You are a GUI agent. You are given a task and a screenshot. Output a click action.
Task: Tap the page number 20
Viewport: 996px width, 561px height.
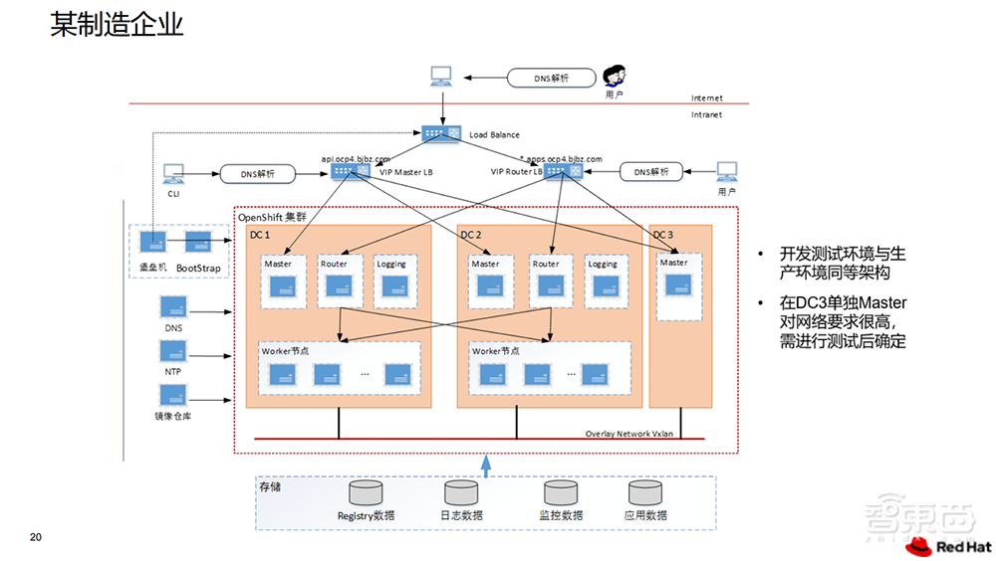(x=36, y=538)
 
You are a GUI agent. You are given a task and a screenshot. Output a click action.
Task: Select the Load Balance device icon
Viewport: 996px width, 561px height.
(x=439, y=132)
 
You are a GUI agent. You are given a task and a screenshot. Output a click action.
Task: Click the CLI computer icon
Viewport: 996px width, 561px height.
(x=173, y=173)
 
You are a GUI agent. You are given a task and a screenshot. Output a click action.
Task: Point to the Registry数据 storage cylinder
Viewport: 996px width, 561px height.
(x=366, y=492)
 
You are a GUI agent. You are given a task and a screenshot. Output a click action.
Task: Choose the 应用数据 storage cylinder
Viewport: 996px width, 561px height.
(x=644, y=492)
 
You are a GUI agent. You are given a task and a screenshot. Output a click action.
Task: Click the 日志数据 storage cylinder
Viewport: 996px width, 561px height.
(x=461, y=492)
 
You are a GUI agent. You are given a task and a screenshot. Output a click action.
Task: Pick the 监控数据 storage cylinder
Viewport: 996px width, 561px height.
(x=560, y=492)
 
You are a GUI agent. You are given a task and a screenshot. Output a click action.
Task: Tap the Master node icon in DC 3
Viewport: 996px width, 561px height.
(x=678, y=283)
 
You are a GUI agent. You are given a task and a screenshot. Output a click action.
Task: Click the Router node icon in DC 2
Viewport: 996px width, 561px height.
(x=546, y=286)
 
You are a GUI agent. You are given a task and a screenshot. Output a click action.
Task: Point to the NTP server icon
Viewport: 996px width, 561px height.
(x=173, y=351)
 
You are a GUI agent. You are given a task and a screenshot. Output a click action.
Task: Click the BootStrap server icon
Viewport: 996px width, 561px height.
(x=198, y=243)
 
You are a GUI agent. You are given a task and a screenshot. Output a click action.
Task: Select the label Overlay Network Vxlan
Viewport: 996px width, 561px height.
(x=629, y=433)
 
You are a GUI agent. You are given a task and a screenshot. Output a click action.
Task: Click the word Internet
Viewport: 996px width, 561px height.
(x=707, y=98)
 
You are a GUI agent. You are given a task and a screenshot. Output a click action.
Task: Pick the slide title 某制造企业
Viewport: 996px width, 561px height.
(x=118, y=25)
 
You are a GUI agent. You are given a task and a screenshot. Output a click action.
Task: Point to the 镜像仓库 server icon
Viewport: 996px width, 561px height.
(x=173, y=395)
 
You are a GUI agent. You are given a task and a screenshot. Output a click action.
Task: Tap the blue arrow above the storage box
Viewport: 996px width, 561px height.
(x=486, y=465)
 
